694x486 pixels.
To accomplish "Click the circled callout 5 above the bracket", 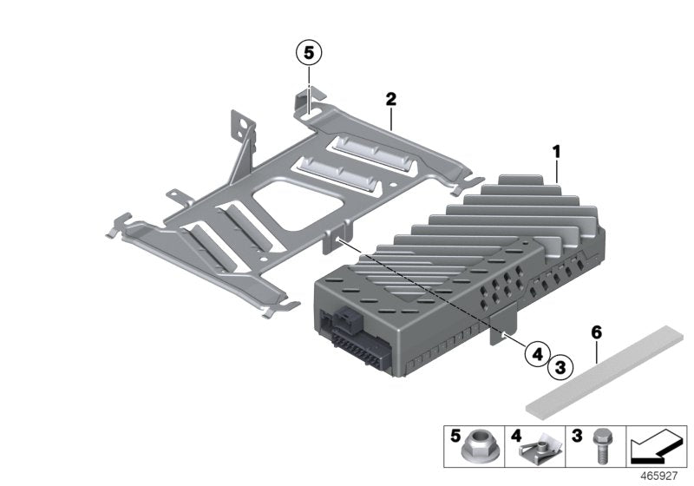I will click(307, 53).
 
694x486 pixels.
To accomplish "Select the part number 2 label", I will click(391, 101).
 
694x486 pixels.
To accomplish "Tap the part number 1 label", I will click(556, 152).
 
